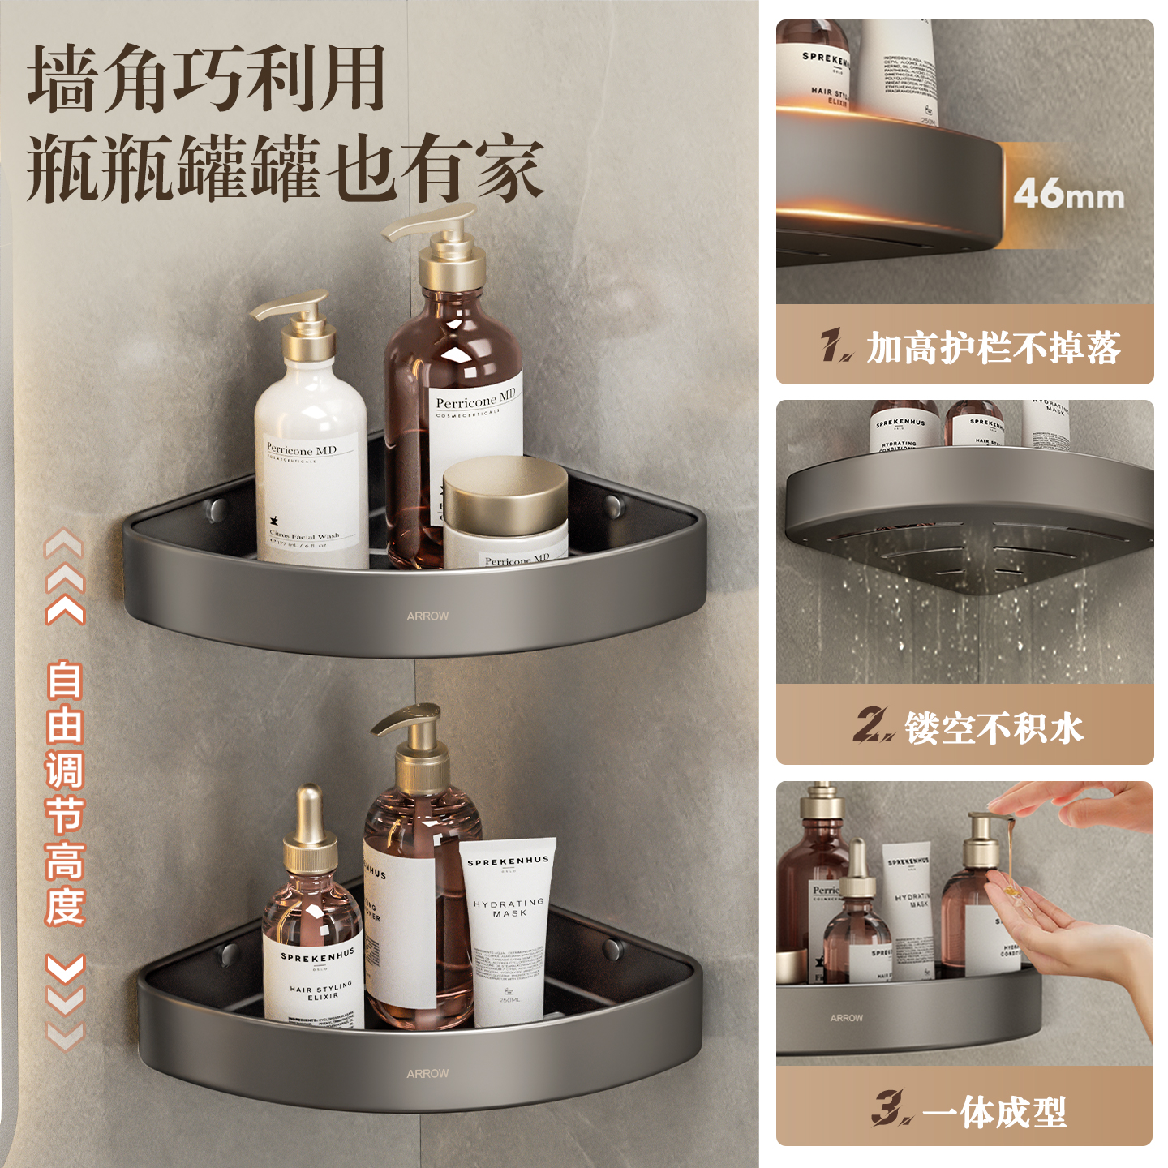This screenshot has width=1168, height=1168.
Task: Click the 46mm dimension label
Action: (1068, 195)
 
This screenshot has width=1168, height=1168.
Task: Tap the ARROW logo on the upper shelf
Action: (427, 616)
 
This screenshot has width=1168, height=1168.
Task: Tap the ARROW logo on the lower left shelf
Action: (427, 1073)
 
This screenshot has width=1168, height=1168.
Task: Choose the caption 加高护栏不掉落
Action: (993, 348)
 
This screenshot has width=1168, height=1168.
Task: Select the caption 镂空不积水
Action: (994, 728)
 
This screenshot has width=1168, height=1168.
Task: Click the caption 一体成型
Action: (994, 1111)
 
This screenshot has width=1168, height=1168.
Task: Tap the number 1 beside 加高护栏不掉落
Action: (835, 346)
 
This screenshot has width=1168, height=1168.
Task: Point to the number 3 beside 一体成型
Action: (891, 1109)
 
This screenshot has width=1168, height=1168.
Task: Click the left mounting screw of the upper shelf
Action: (216, 509)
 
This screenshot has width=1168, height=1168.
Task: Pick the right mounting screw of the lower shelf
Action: (612, 947)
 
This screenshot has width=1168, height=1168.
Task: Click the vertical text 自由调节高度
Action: (65, 792)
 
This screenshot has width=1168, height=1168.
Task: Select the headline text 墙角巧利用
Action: (207, 79)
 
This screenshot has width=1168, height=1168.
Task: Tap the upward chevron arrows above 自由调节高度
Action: (65, 576)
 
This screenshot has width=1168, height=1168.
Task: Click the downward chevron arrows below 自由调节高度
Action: (65, 1002)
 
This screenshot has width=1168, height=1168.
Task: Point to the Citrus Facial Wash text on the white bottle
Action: (304, 536)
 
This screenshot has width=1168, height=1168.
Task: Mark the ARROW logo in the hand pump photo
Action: (846, 1018)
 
